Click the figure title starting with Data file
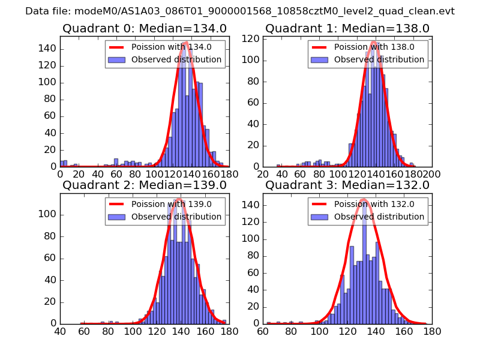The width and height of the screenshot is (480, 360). pyautogui.click(x=240, y=11)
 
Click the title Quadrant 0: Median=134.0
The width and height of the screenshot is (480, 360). pyautogui.click(x=145, y=28)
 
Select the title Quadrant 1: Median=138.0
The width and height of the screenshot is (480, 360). pyautogui.click(x=347, y=28)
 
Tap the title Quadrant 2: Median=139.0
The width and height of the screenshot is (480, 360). pyautogui.click(x=145, y=185)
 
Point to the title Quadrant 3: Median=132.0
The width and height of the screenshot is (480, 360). pyautogui.click(x=347, y=185)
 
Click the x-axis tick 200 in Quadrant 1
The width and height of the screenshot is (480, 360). pyautogui.click(x=432, y=174)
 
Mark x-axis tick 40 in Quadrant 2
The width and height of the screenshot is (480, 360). pyautogui.click(x=60, y=331)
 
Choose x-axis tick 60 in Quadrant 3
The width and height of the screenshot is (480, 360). pyautogui.click(x=263, y=331)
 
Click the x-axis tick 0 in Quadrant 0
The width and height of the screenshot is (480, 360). pyautogui.click(x=60, y=174)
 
